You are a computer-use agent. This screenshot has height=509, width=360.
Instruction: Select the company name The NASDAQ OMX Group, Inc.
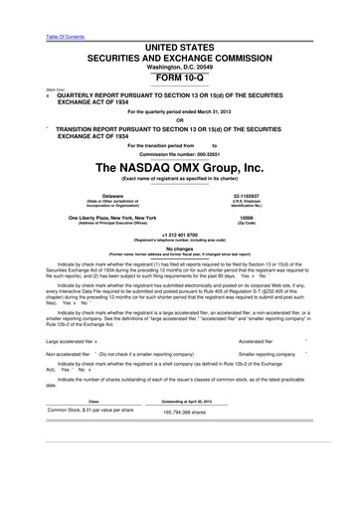179,167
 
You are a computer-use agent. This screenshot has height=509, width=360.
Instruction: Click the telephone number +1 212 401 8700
179,236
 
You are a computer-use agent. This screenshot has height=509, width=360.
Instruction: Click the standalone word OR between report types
179,120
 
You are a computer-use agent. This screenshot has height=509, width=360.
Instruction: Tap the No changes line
179,250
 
